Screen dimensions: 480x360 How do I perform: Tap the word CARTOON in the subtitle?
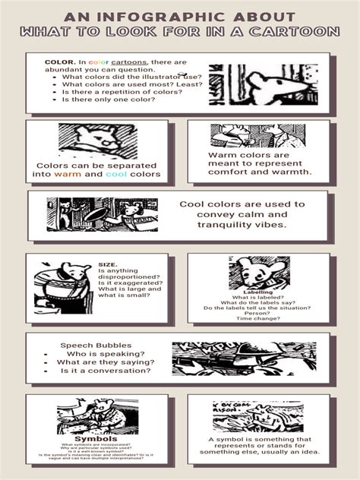[x=303, y=32]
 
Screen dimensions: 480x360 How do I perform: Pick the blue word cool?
[x=115, y=174]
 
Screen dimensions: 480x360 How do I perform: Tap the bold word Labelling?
[x=258, y=292]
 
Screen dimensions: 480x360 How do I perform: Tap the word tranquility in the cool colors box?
[x=224, y=224]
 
